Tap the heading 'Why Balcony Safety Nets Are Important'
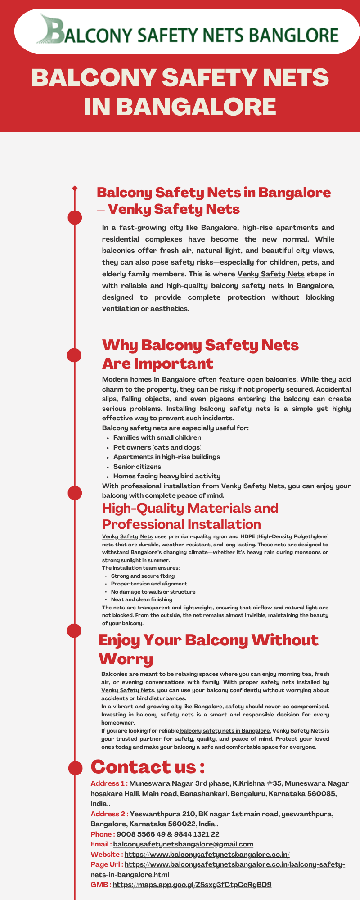coord(200,354)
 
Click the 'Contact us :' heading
coord(148,766)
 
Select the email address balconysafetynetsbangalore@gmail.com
coord(183,844)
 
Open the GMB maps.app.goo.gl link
coord(192,885)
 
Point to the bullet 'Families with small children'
coord(157,437)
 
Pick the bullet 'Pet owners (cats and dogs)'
coord(157,447)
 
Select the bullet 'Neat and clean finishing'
coord(142,599)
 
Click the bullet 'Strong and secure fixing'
coord(143,576)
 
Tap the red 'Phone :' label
coord(102,834)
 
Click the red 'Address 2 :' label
coord(109,814)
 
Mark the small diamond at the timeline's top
coord(75,188)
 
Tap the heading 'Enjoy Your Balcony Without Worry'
coord(208,649)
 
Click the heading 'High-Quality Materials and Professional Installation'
coord(190,516)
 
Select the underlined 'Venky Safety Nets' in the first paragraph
coord(271,274)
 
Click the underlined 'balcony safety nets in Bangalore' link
coord(225,731)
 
